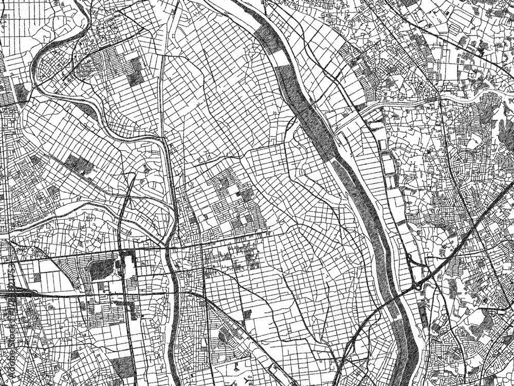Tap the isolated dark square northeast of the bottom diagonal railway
247,313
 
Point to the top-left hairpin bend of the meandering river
39,67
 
